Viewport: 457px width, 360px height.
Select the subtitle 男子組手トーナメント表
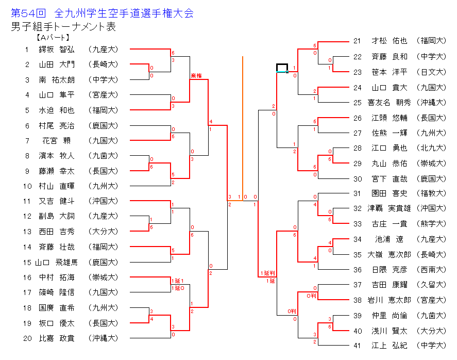click(63, 27)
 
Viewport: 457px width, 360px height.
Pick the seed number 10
click(27, 186)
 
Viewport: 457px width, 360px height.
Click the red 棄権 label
click(196, 76)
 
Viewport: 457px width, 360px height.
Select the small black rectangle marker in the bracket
click(282, 68)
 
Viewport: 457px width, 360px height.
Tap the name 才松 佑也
click(389, 41)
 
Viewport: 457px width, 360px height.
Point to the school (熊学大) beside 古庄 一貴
click(432, 224)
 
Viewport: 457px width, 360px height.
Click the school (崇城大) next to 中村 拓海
click(103, 277)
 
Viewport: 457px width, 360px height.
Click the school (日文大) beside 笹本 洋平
click(432, 72)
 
